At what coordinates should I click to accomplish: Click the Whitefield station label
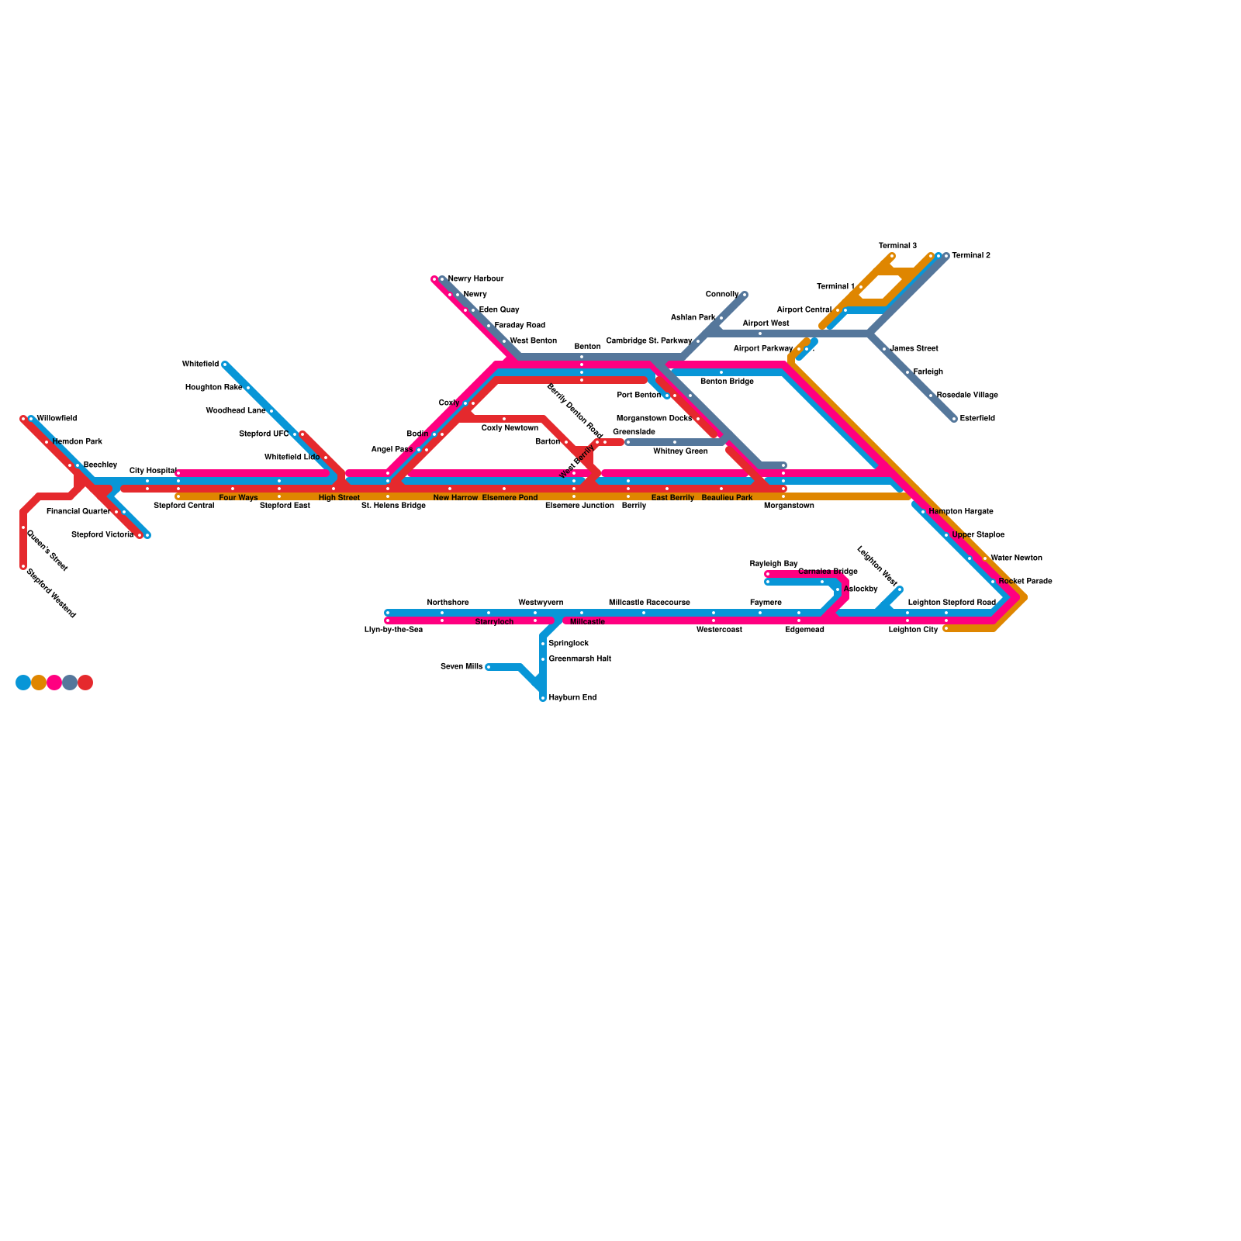click(x=200, y=364)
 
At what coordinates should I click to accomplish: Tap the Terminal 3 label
click(x=897, y=246)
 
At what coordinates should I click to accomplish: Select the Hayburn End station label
click(x=572, y=698)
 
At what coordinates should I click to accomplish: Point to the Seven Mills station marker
click(x=488, y=667)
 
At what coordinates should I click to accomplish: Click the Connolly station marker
click(x=744, y=295)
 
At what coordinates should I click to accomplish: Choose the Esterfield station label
click(x=977, y=419)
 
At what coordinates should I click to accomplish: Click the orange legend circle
click(x=39, y=683)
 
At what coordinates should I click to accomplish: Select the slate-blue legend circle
click(x=70, y=683)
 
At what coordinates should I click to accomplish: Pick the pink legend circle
click(x=54, y=683)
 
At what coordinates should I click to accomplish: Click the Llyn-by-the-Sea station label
click(x=393, y=630)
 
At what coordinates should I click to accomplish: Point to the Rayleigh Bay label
click(x=773, y=564)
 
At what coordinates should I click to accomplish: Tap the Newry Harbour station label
click(x=476, y=279)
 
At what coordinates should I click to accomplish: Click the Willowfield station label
click(x=57, y=419)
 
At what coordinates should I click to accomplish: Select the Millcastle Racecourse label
click(x=649, y=603)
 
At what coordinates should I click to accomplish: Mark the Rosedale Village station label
click(x=967, y=396)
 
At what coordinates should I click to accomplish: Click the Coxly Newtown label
click(x=510, y=428)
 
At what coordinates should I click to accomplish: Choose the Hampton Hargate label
click(x=960, y=512)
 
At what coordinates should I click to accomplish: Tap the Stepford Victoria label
click(x=102, y=535)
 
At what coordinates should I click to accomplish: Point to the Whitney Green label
click(x=680, y=451)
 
